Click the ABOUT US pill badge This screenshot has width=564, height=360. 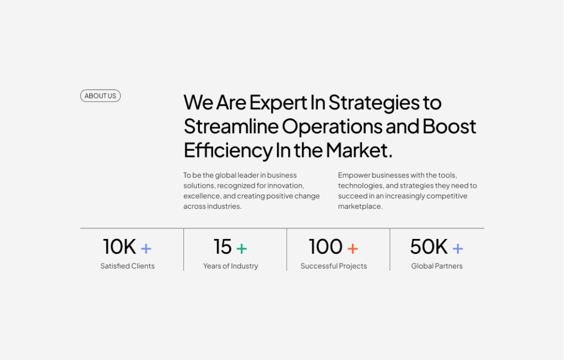100,96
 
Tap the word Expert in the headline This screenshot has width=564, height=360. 286,103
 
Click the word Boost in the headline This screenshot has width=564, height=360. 449,127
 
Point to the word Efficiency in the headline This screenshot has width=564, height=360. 227,150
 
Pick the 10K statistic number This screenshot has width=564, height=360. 120,247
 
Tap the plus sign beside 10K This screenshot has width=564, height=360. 146,248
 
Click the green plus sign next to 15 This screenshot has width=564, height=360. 241,248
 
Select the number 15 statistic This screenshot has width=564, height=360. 223,247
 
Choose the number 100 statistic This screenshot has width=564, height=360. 326,247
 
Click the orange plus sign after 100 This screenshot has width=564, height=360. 352,248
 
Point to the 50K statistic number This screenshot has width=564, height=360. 429,247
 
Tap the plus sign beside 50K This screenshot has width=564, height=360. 458,248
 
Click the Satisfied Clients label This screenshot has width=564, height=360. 127,266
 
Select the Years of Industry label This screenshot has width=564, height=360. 230,266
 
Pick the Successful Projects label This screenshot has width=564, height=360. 334,266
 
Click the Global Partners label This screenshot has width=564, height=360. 437,266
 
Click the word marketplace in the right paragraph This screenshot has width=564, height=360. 360,206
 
